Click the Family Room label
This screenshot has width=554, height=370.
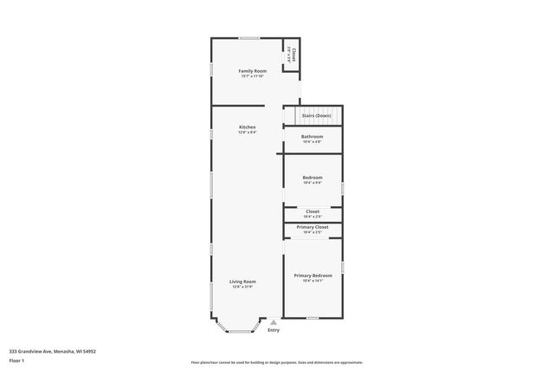coord(252,70)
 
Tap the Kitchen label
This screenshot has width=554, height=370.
coord(248,127)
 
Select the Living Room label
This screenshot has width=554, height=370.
coord(242,282)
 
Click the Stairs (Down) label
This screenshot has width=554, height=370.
coord(316,114)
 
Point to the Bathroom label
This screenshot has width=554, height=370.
coord(312,136)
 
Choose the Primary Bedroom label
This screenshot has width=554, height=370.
coord(312,275)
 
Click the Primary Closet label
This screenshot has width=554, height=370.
coord(312,227)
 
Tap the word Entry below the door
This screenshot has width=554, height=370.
coord(274,330)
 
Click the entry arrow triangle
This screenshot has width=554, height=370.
coord(274,321)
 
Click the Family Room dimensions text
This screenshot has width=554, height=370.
coord(252,76)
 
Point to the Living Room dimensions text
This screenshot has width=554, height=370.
coord(242,288)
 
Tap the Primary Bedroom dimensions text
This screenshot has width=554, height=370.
coord(312,281)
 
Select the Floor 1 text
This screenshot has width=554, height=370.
coord(16,360)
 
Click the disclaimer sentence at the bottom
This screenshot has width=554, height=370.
coord(277,362)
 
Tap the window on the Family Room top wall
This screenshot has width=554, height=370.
coord(249,37)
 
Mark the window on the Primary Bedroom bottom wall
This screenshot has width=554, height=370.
coord(312,318)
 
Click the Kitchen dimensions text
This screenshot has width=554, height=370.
coord(248,133)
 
